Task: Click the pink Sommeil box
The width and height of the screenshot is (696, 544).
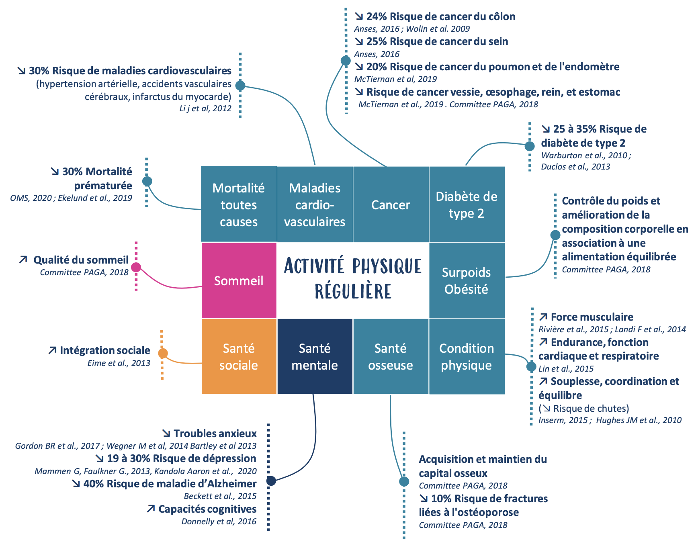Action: [239, 280]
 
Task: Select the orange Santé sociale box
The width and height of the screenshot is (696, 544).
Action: [239, 356]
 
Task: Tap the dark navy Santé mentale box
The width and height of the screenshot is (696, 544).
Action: [315, 356]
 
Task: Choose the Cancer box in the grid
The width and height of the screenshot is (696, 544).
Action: [391, 205]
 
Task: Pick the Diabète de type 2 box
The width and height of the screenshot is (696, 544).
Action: [467, 205]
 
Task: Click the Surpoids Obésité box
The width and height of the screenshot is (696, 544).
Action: [467, 280]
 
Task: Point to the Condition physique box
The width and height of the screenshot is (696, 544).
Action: [467, 356]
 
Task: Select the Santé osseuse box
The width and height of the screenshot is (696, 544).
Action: [391, 356]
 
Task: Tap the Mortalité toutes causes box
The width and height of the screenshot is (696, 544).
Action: [239, 204]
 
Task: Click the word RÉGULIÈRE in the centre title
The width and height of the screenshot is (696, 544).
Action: [353, 291]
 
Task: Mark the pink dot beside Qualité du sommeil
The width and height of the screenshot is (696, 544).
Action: [136, 267]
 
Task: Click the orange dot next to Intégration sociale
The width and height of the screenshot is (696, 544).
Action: [163, 354]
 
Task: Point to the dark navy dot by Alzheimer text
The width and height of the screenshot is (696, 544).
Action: [271, 481]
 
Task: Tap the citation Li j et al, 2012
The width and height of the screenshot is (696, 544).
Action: [205, 108]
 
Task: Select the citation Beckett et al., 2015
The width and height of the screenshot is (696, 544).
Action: [220, 496]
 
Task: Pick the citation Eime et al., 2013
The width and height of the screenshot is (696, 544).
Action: [119, 363]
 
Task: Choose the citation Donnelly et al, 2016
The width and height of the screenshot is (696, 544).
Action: [219, 522]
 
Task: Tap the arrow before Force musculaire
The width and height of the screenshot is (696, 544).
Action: [543, 317]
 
